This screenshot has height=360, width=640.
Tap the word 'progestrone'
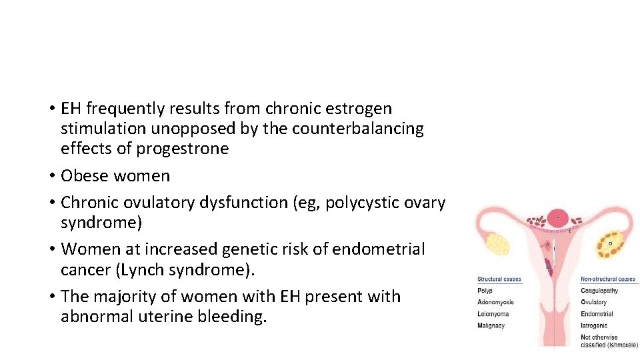pyautogui.click(x=183, y=148)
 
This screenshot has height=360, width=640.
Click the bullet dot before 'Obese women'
pyautogui.click(x=51, y=176)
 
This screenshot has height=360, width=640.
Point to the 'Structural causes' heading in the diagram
pyautogui.click(x=499, y=279)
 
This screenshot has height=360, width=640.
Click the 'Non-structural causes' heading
pyautogui.click(x=608, y=279)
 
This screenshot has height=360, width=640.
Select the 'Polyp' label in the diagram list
pyautogui.click(x=485, y=291)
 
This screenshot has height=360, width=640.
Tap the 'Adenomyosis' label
pyautogui.click(x=495, y=303)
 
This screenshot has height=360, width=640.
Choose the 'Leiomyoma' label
pyautogui.click(x=493, y=314)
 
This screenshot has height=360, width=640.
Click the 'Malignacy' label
pyautogui.click(x=491, y=326)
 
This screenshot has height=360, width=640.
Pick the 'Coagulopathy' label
pyautogui.click(x=599, y=291)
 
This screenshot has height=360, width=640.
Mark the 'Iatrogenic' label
pyautogui.click(x=595, y=326)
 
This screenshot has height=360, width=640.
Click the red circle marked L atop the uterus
pyautogui.click(x=558, y=217)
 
